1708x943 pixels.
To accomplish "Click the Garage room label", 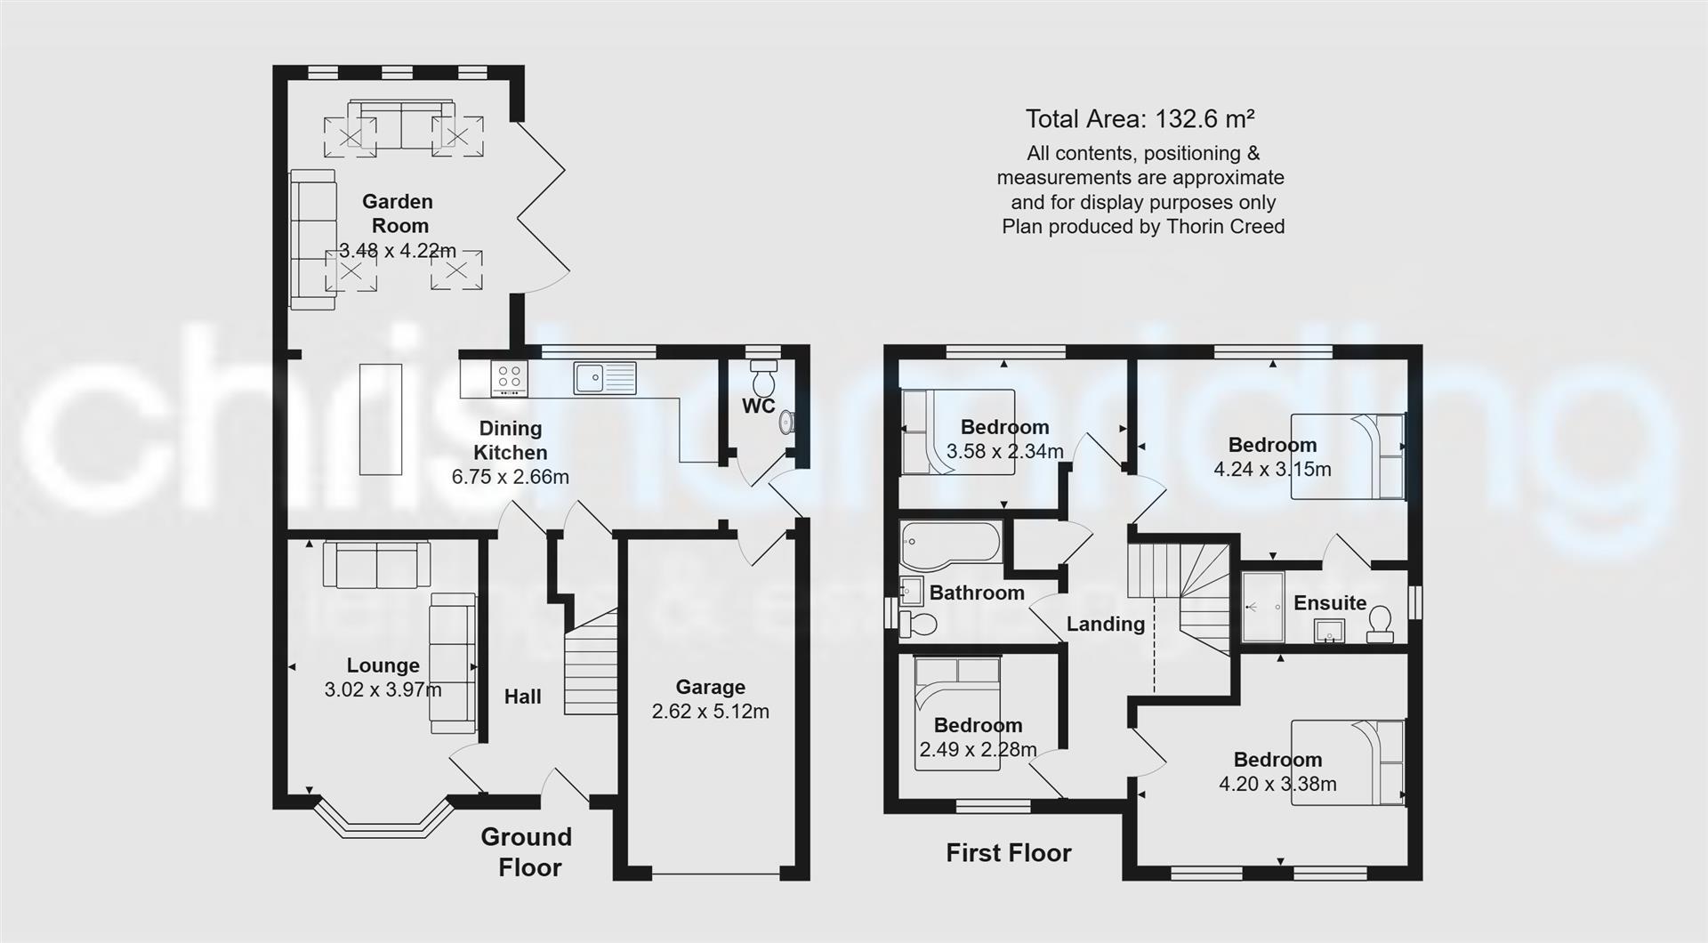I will pyautogui.click(x=710, y=687).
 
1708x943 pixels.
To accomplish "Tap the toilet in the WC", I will pyautogui.click(x=763, y=381).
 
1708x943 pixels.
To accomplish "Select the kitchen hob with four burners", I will pyautogui.click(x=509, y=379).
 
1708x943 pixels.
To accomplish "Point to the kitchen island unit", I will pyautogui.click(x=380, y=419).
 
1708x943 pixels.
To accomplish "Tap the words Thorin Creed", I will pyautogui.click(x=1237, y=227).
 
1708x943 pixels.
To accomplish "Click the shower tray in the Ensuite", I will pyautogui.click(x=1262, y=607).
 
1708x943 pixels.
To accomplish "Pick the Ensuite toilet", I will pyautogui.click(x=1380, y=624).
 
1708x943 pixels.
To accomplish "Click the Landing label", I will pyautogui.click(x=1105, y=625).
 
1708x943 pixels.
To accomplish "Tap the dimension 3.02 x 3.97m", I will pyautogui.click(x=383, y=689).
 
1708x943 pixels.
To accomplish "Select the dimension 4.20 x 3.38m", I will pyautogui.click(x=1277, y=784).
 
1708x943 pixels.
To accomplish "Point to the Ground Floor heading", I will pyautogui.click(x=528, y=851).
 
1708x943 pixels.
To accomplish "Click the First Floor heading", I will pyautogui.click(x=1008, y=853).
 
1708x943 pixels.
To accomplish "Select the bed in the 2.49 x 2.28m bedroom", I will pyautogui.click(x=957, y=712).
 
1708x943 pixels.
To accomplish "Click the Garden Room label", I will pyautogui.click(x=399, y=214).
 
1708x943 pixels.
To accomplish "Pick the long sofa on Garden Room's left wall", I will pyautogui.click(x=312, y=240).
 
